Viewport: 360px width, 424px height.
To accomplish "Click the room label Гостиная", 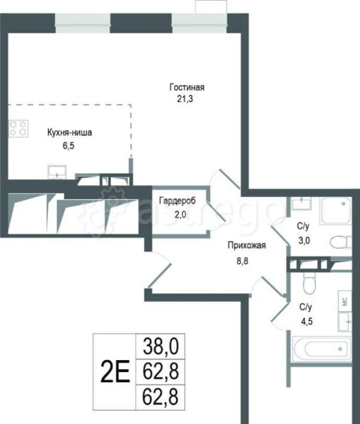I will (187, 87).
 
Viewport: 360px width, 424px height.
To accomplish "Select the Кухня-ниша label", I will (70, 133).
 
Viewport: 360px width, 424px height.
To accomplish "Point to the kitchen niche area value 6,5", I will (62, 144).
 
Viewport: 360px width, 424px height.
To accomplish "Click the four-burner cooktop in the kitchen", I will (19, 128).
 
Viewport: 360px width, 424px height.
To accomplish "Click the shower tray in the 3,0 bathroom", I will (335, 211).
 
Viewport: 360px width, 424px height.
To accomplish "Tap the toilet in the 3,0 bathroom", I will (340, 241).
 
